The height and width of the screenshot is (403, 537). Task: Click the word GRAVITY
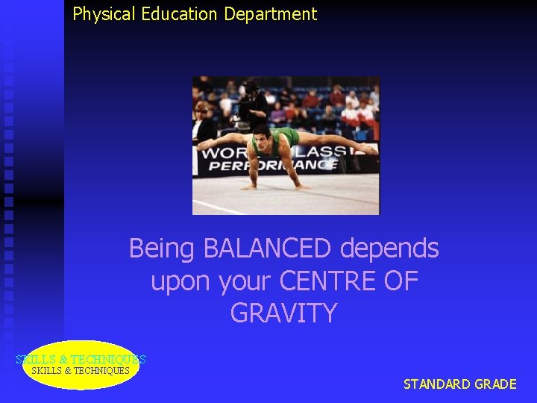point(283,313)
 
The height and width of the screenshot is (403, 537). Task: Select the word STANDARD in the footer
point(437,384)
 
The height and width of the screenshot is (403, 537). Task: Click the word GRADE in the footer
point(495,384)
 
